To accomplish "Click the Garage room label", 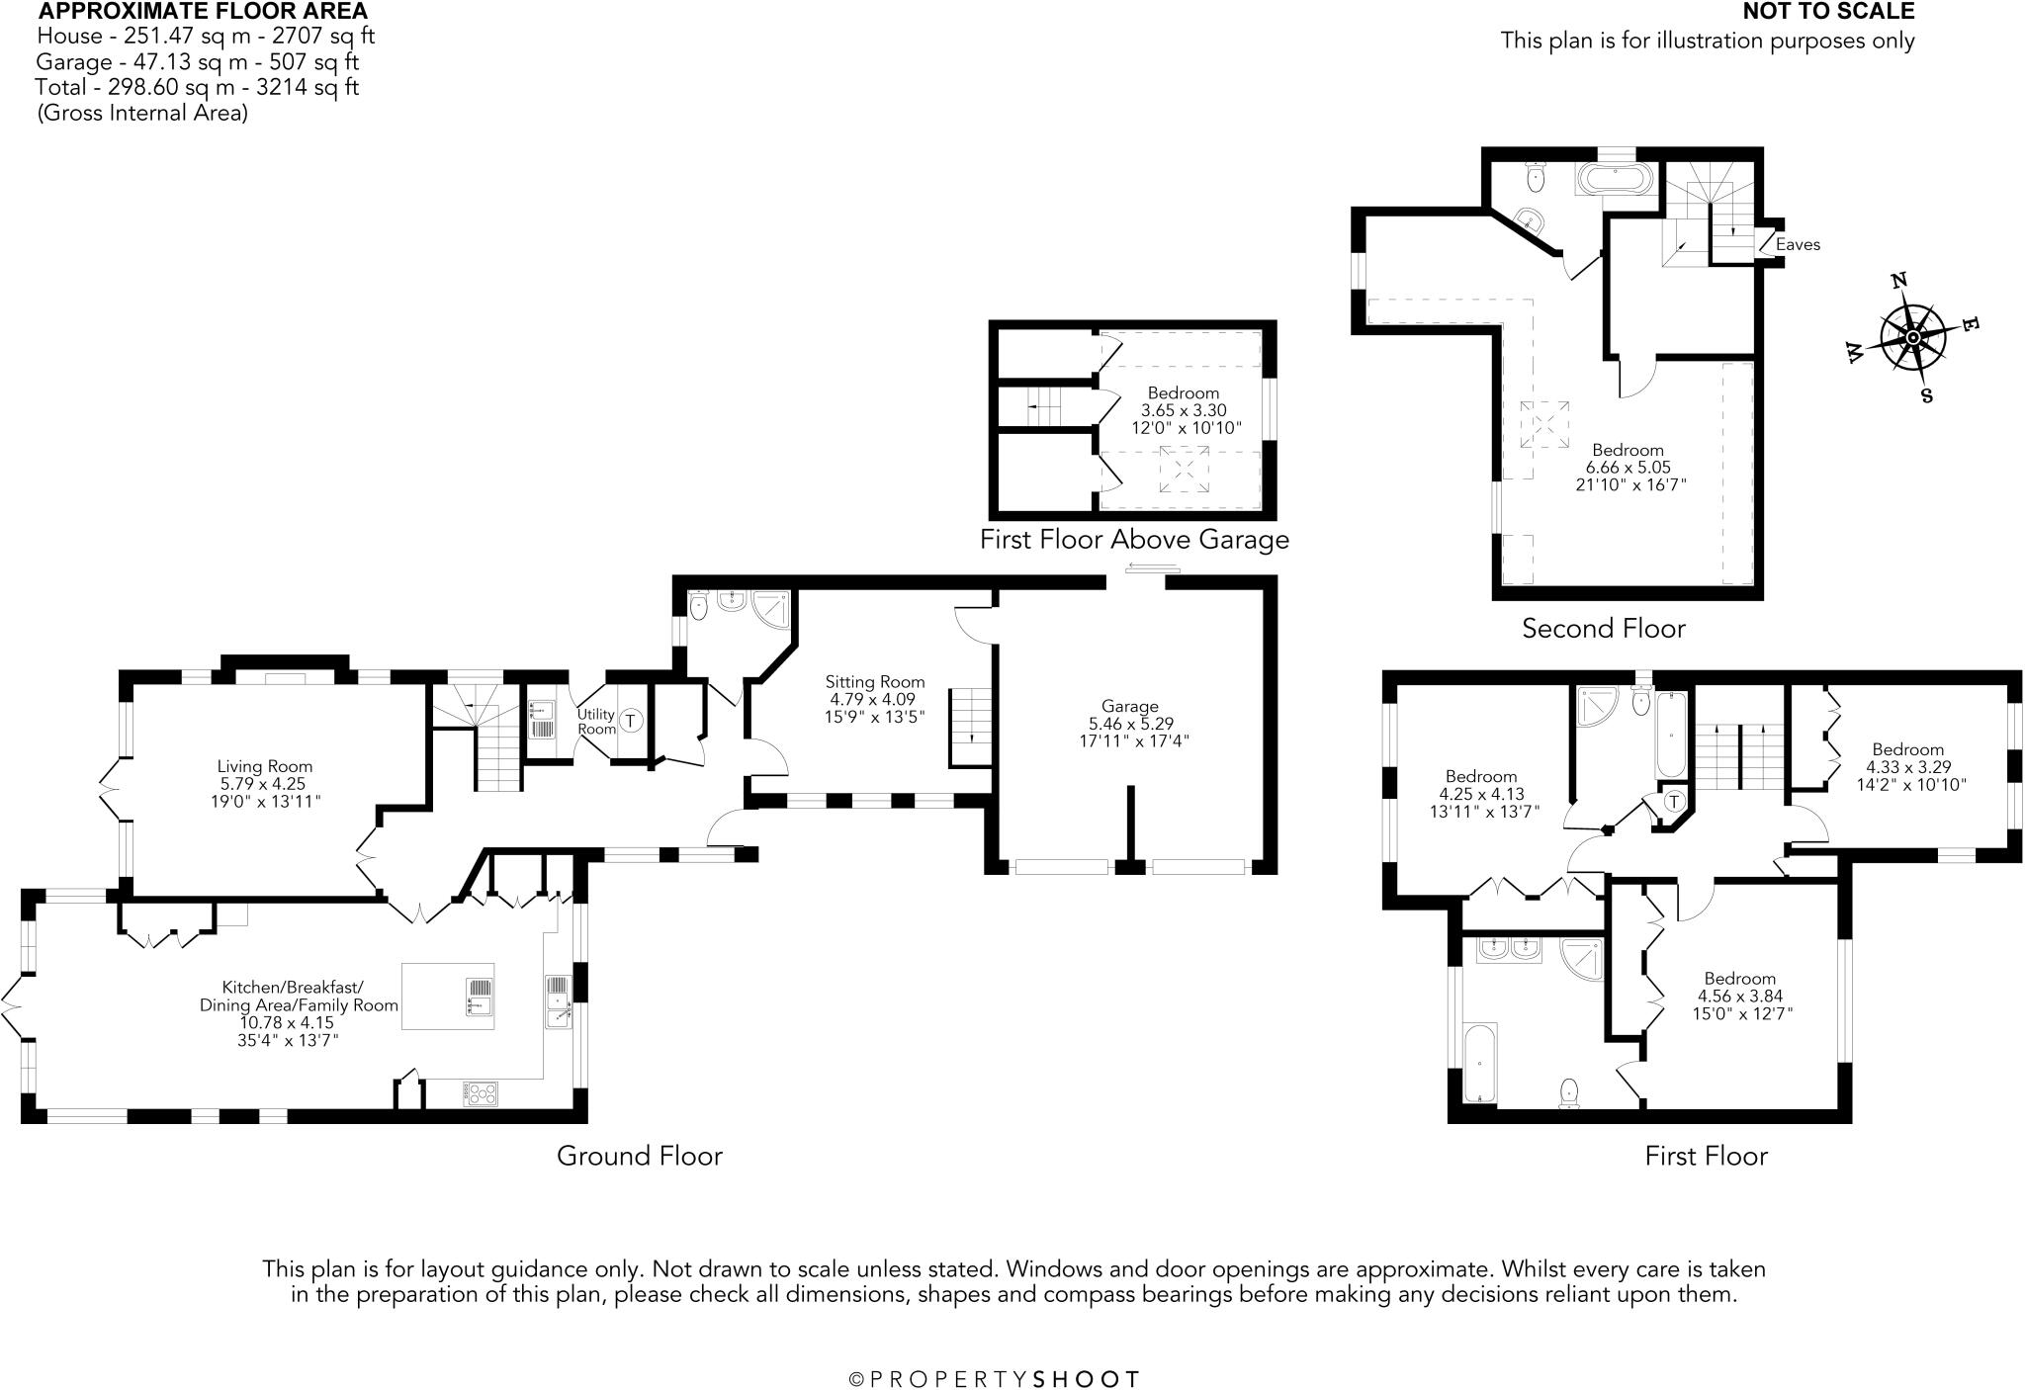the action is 1130,706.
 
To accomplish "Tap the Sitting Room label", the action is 875,681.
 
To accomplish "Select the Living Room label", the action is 265,766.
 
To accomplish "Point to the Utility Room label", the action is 596,721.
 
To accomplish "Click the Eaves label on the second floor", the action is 1798,244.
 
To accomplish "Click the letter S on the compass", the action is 1926,395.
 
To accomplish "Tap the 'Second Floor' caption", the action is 1604,628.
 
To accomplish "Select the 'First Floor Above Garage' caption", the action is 1134,539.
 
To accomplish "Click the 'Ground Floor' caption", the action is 640,1156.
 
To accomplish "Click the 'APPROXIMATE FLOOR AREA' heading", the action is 203,12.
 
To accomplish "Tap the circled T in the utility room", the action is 631,720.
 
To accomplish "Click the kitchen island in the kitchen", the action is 448,997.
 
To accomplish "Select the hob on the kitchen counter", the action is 480,1093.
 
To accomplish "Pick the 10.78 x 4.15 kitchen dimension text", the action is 287,1022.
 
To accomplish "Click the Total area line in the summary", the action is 198,87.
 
